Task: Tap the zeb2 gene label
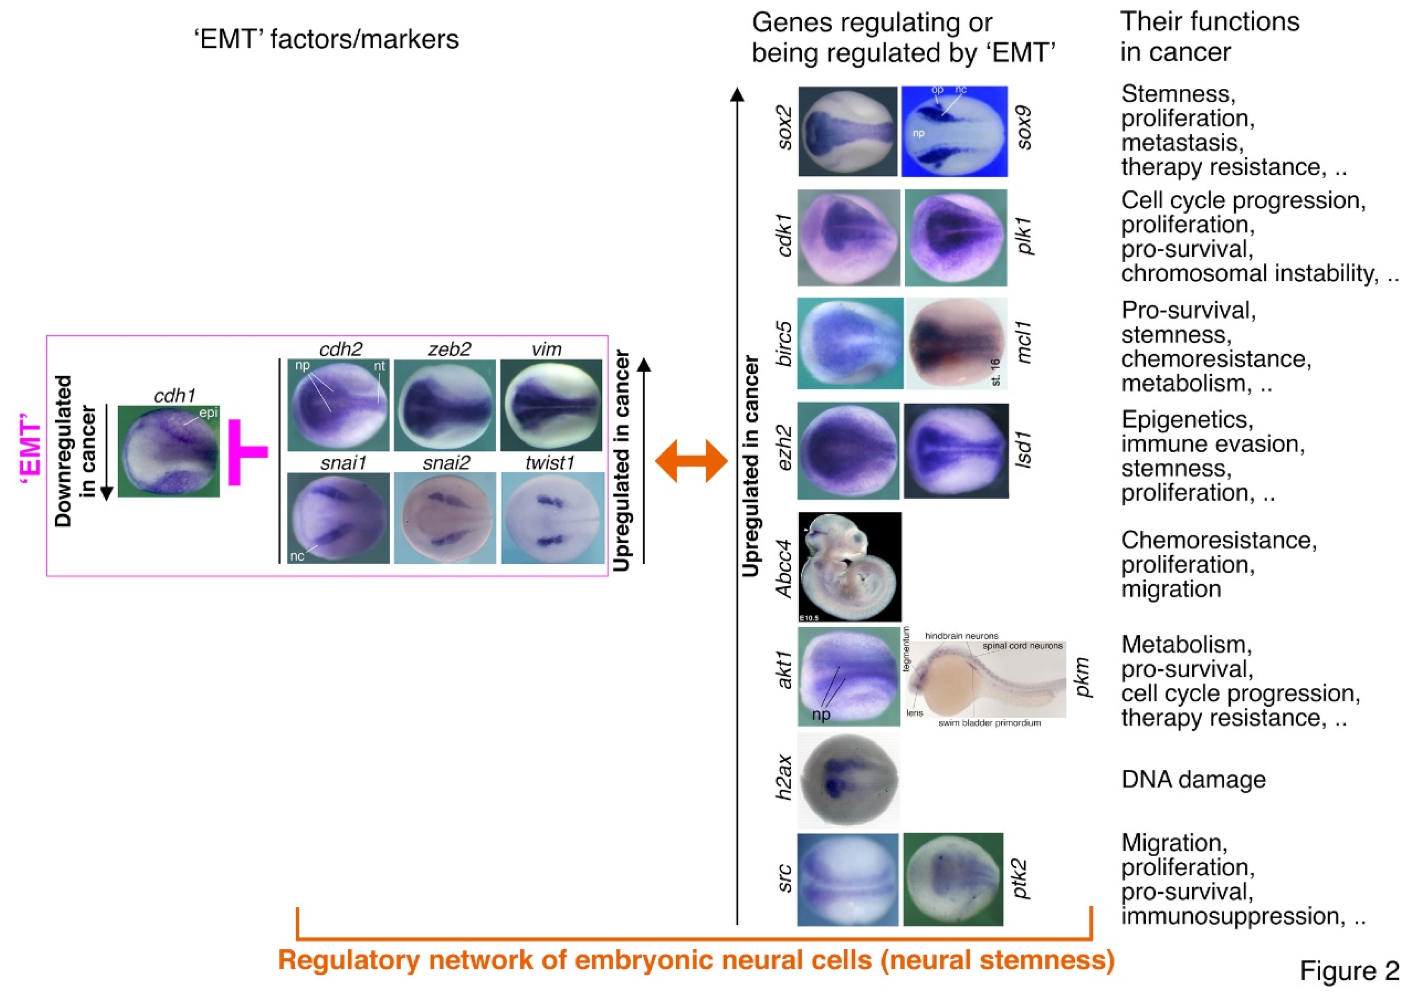click(x=449, y=349)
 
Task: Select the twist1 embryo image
click(x=552, y=518)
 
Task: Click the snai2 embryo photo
click(x=445, y=518)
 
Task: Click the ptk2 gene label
click(x=1019, y=879)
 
